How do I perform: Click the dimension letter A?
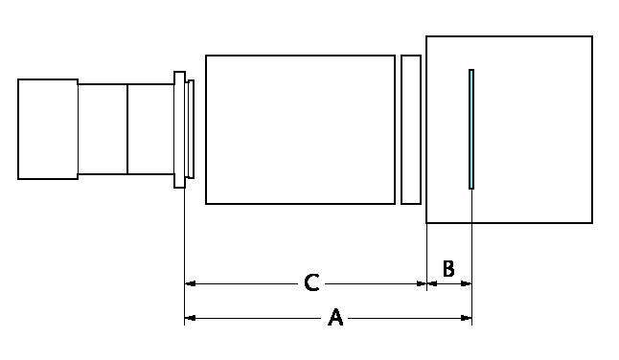click(x=335, y=318)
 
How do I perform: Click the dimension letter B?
click(x=448, y=269)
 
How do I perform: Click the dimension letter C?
click(x=311, y=282)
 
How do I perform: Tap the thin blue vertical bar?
click(x=471, y=129)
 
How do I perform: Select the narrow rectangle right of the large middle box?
click(x=411, y=129)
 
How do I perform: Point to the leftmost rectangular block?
click(x=48, y=129)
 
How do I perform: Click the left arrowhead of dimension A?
click(x=191, y=318)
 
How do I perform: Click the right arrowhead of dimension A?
click(x=467, y=318)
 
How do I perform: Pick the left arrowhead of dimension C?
click(x=191, y=283)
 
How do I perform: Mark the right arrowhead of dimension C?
click(x=422, y=283)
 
